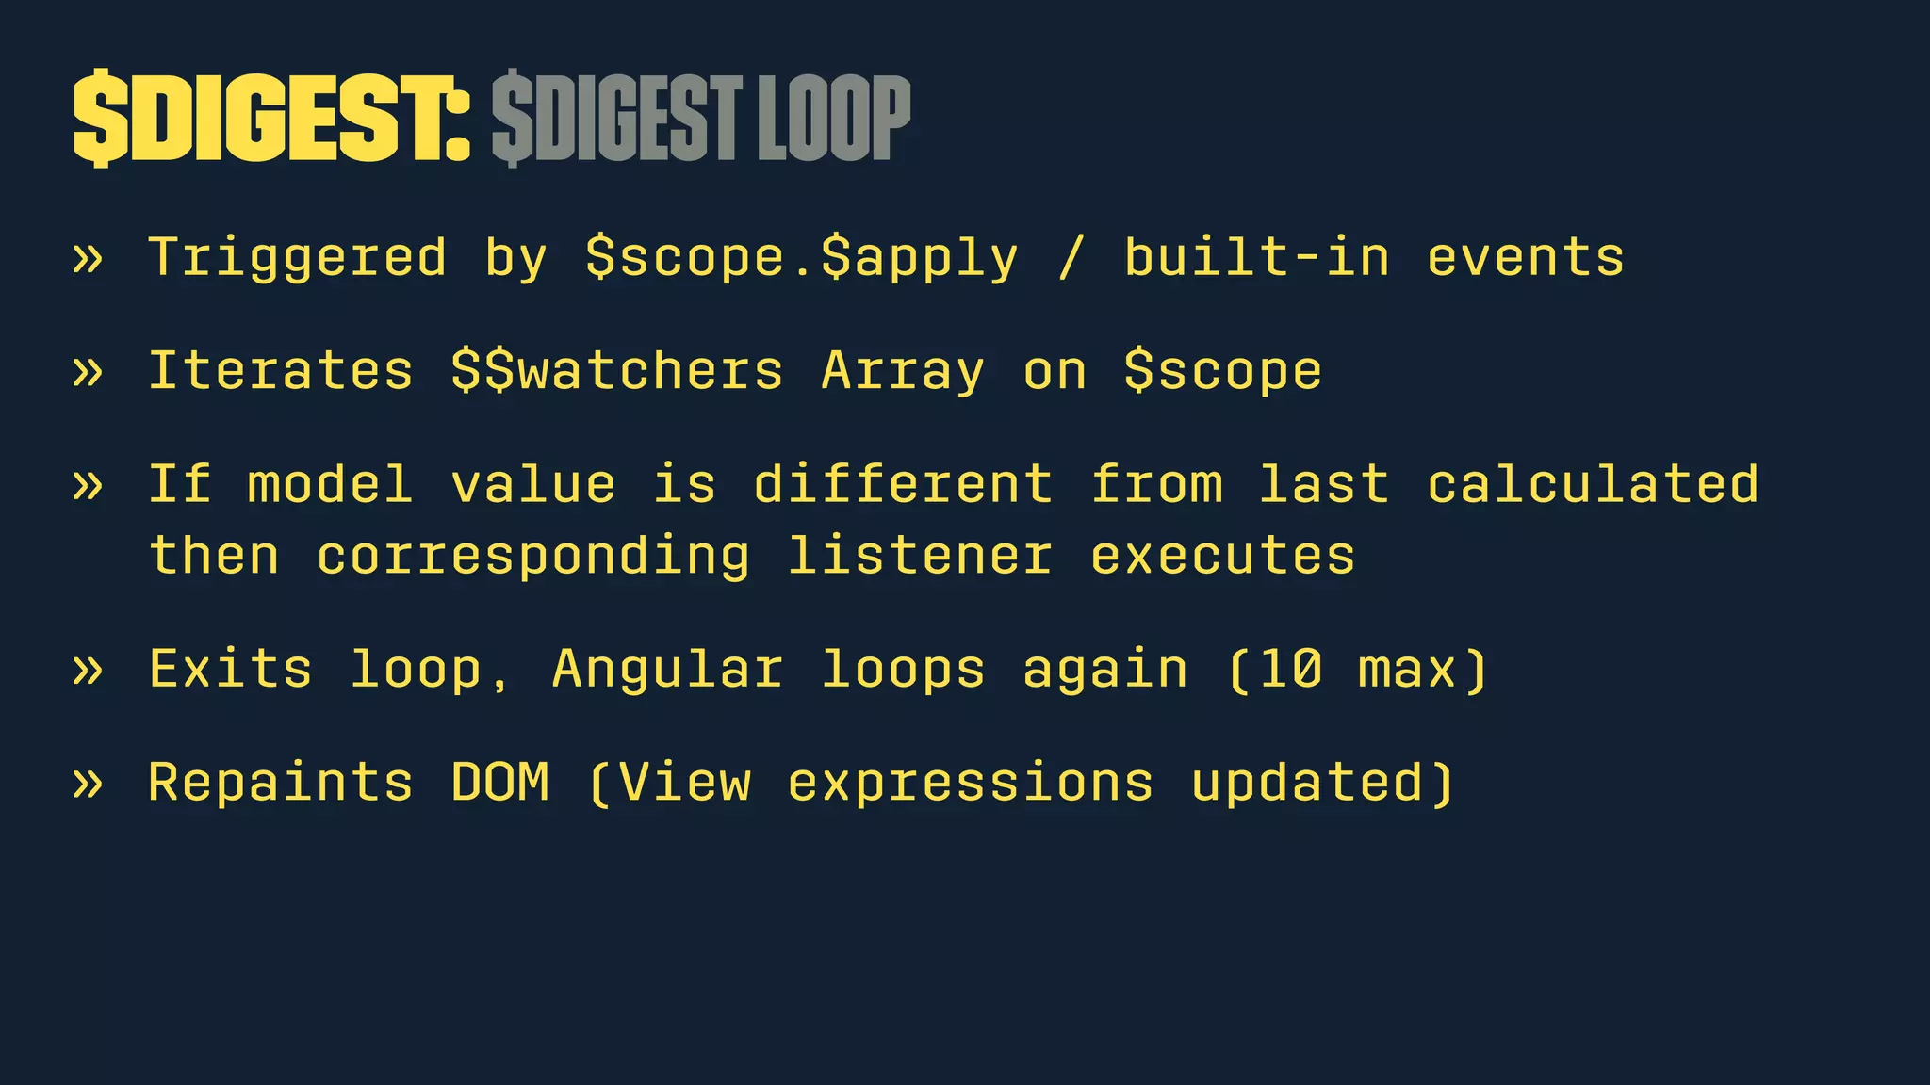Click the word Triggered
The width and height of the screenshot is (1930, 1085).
tap(298, 259)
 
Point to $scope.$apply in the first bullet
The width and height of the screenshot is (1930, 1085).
tap(801, 259)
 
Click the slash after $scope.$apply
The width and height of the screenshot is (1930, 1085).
tap(1070, 259)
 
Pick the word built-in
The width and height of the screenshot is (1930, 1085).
tap(1256, 257)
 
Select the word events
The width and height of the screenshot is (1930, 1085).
tap(1526, 259)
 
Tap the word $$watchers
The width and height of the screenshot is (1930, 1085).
tap(617, 371)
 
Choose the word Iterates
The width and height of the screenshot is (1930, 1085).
tap(281, 370)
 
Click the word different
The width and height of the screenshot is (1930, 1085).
tap(903, 484)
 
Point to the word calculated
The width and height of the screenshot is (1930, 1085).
tap(1593, 484)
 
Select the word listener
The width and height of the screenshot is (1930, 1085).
tap(920, 556)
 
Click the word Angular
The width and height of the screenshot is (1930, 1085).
tap(667, 670)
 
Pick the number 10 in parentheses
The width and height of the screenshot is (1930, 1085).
tap(1290, 670)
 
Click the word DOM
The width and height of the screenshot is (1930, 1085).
tap(499, 782)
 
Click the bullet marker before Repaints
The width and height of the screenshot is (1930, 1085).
tap(87, 783)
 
